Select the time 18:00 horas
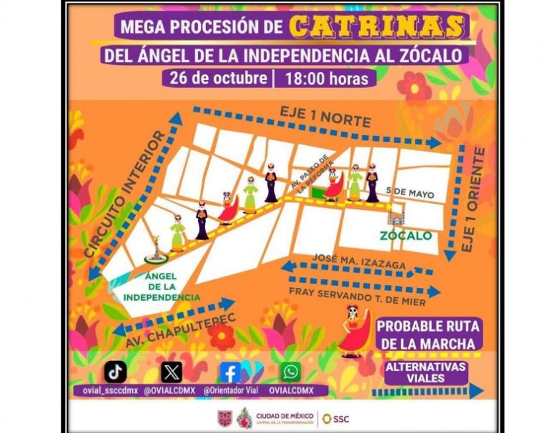326,77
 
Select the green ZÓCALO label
406,235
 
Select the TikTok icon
116,372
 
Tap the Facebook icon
230,372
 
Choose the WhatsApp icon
290,372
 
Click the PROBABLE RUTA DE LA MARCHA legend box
428,334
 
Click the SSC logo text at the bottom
340,418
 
